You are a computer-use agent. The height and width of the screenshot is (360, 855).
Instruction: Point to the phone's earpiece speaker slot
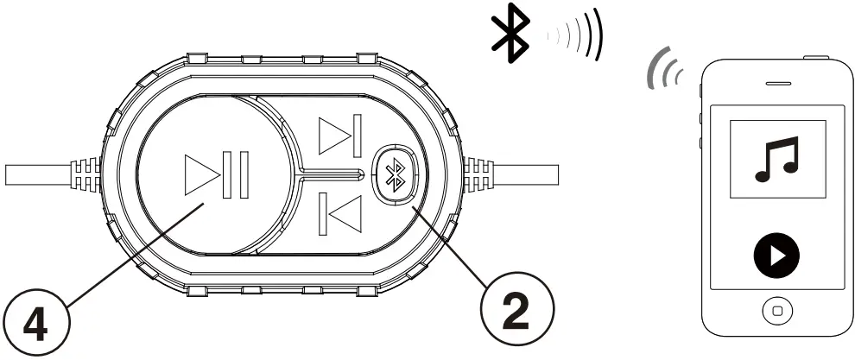778,84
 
